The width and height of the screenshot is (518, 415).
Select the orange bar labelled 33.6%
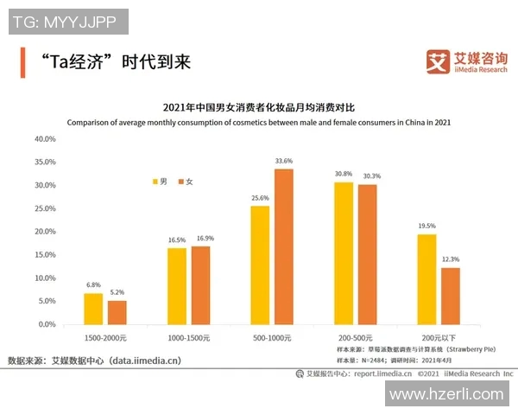(x=284, y=246)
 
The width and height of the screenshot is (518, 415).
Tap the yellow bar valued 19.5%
(x=427, y=279)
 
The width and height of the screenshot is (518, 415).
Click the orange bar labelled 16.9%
(x=200, y=285)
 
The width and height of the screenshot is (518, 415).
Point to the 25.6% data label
(x=261, y=198)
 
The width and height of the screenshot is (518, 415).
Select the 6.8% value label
(x=93, y=285)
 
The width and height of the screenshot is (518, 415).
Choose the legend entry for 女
(x=185, y=182)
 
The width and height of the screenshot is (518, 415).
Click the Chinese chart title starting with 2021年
(x=258, y=108)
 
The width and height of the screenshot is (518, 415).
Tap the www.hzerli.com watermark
(x=445, y=394)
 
